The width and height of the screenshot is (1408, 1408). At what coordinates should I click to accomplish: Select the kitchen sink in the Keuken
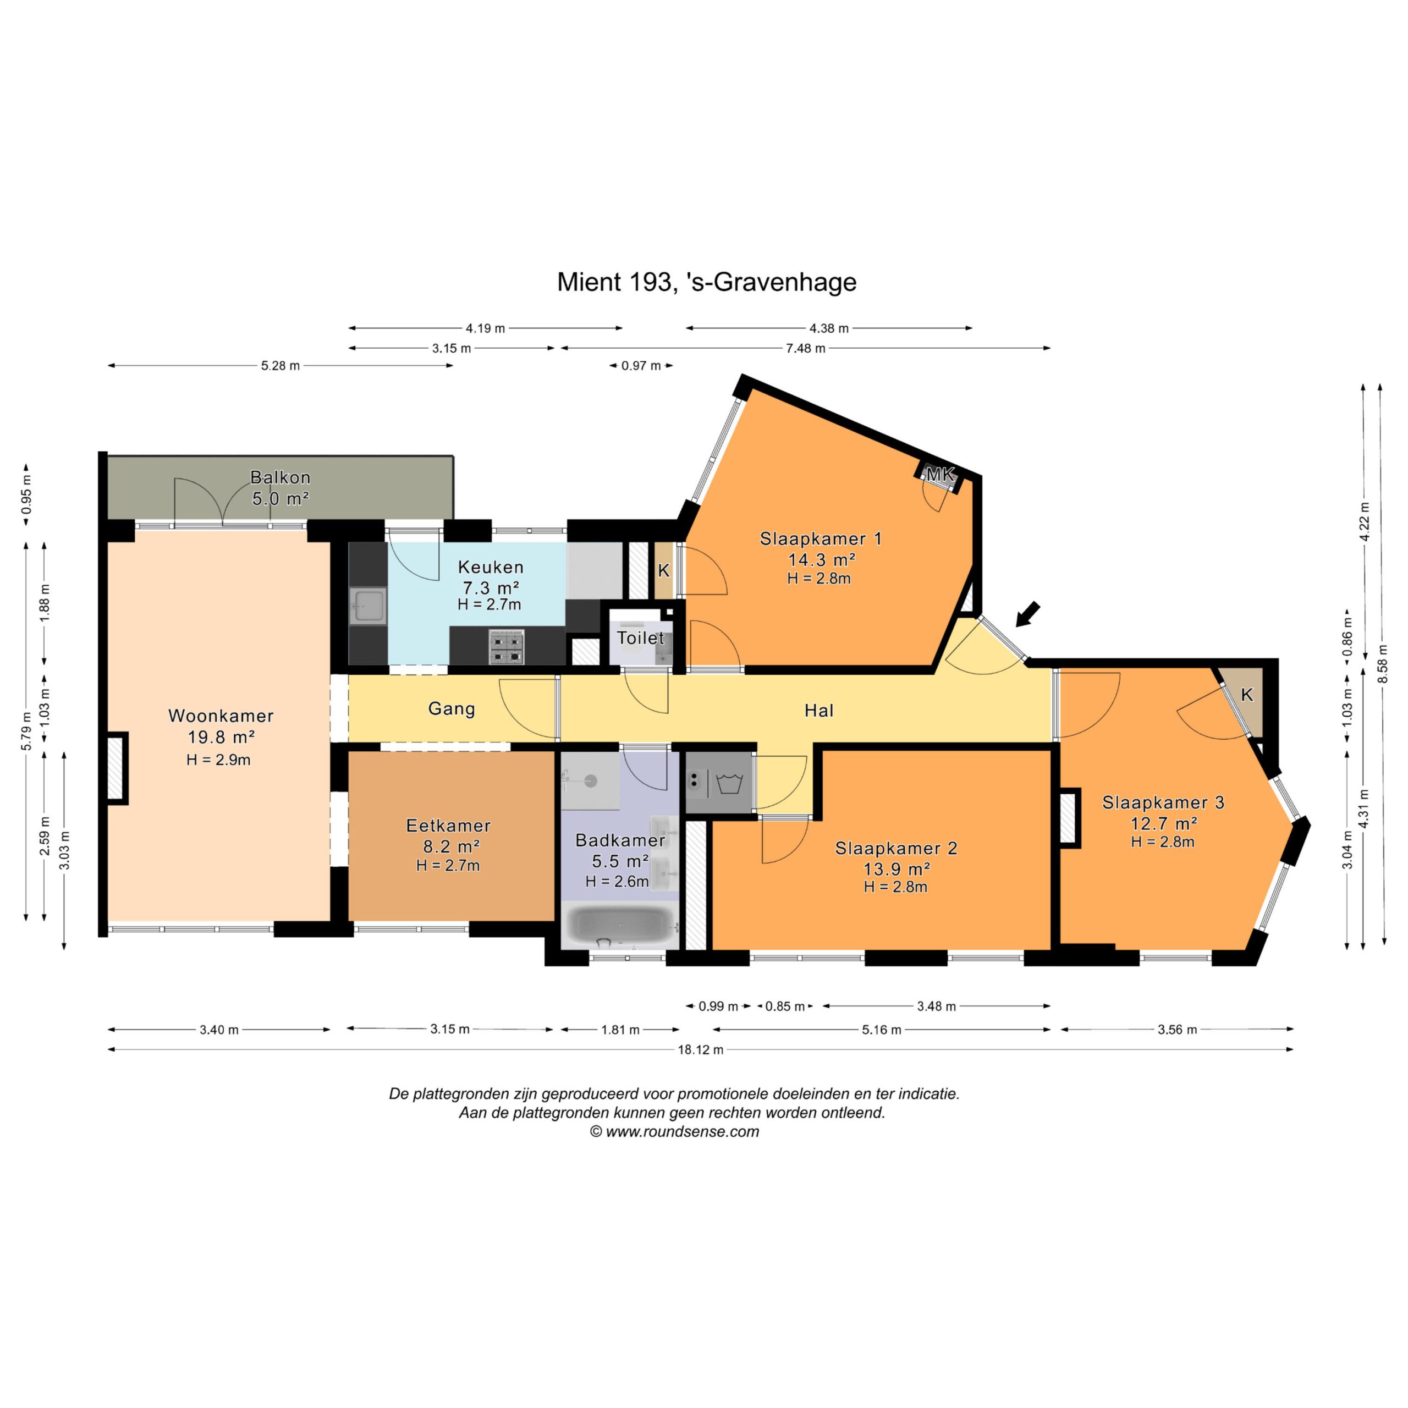(x=368, y=606)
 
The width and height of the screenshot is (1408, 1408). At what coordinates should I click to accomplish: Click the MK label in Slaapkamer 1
(x=939, y=475)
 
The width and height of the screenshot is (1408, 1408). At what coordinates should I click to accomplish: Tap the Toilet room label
(x=641, y=639)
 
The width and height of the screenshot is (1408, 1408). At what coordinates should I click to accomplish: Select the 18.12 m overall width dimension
(x=700, y=1050)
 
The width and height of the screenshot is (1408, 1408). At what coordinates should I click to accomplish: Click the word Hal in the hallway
(x=819, y=711)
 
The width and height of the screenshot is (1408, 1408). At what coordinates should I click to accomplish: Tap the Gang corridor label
(x=452, y=708)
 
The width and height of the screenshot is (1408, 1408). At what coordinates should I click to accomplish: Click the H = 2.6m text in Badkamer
(x=617, y=881)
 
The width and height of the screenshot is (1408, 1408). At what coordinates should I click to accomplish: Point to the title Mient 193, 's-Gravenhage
(x=707, y=282)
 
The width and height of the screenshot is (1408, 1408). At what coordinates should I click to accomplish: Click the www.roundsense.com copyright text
(x=674, y=1132)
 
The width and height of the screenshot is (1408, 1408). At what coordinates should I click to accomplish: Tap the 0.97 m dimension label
(x=641, y=366)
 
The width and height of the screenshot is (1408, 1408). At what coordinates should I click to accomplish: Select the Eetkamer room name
(x=448, y=826)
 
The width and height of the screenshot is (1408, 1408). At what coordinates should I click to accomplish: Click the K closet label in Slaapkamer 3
(x=1247, y=695)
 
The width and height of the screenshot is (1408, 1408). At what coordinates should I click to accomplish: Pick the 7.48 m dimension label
(x=805, y=348)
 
